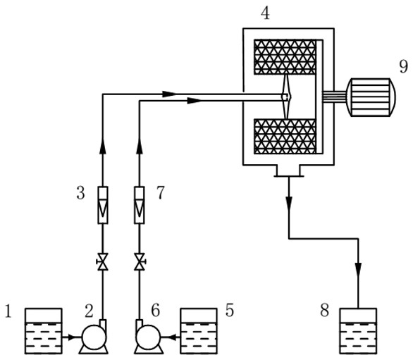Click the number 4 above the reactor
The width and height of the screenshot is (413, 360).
265,13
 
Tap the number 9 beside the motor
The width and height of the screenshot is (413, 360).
404,66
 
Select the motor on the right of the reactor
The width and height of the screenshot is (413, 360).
371,97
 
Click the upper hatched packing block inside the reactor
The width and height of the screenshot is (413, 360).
285,57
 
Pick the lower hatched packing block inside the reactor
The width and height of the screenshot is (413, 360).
285,137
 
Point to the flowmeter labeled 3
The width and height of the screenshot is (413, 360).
103,205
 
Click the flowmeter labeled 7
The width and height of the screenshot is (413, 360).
140,205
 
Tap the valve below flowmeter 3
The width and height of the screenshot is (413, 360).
103,262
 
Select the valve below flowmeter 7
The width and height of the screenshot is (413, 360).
140,262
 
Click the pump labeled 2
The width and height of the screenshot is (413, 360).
94,337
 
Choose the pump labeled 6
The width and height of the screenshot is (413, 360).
147,337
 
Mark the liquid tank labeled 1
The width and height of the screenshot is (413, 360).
44,331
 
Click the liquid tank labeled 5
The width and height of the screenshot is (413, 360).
199,331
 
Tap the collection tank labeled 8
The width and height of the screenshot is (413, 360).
358,331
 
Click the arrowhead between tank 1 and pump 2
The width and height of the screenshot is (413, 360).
72,337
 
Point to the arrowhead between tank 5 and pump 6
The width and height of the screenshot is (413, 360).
171,337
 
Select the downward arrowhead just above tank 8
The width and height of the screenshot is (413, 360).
358,269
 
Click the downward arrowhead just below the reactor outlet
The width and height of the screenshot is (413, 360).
289,204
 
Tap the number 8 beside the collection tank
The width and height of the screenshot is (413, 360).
324,310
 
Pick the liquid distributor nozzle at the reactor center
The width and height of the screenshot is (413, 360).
286,97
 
